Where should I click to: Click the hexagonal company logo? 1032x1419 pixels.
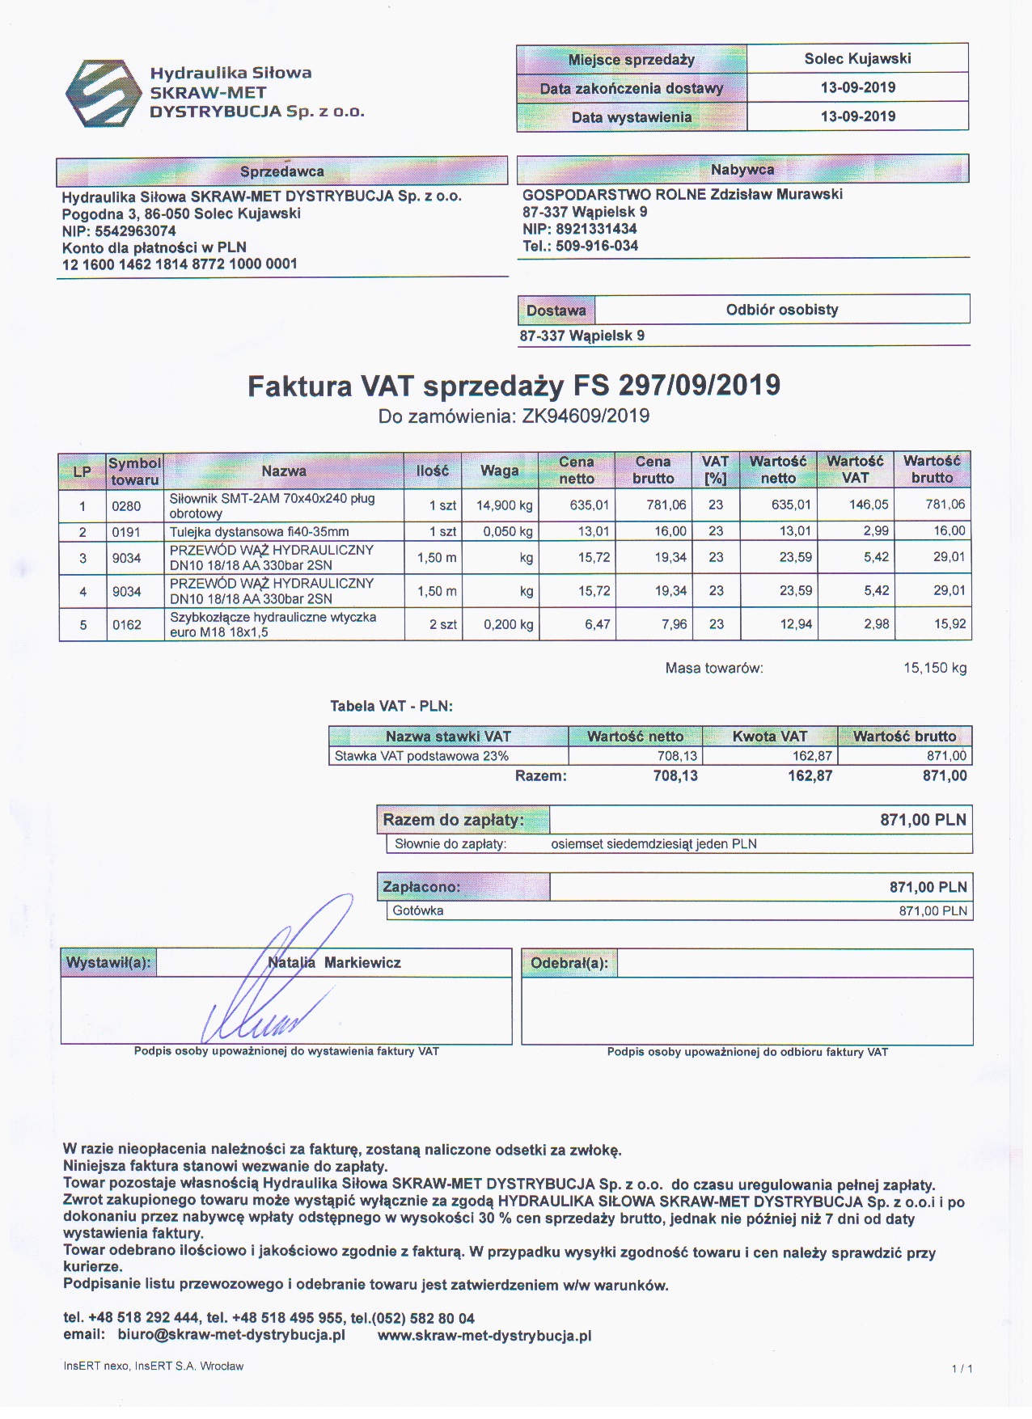[102, 93]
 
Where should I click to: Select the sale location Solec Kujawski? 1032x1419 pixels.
[857, 58]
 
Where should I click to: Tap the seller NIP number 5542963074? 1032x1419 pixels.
[135, 230]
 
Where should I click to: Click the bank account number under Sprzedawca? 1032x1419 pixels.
[180, 264]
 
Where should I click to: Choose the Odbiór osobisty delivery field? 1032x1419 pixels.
[781, 310]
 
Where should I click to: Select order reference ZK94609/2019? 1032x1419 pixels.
[586, 416]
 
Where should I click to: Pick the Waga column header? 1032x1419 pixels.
[499, 471]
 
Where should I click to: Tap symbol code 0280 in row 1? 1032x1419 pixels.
[126, 506]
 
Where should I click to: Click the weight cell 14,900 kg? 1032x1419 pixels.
[504, 505]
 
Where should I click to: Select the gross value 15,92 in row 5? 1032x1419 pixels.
[950, 624]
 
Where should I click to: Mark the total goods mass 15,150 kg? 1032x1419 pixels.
[935, 668]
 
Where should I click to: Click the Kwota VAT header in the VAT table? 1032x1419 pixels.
[769, 736]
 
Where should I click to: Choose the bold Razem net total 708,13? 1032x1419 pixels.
[675, 776]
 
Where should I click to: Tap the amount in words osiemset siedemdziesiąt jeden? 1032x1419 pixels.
[653, 844]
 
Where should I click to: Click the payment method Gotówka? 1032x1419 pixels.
[418, 910]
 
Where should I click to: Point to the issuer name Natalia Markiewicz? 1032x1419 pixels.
[335, 962]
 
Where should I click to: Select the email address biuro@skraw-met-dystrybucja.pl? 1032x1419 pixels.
[231, 1335]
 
